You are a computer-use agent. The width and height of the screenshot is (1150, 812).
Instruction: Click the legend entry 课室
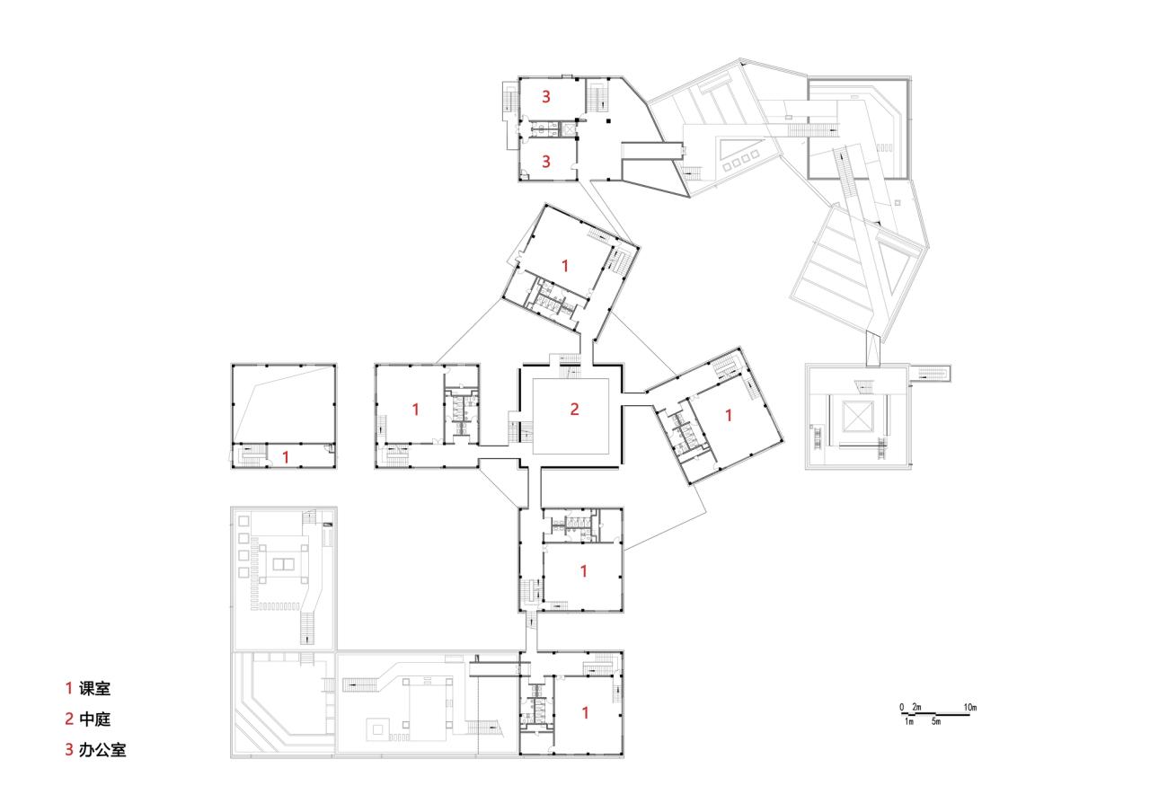[94, 689]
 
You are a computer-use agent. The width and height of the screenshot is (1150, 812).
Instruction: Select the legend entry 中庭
[94, 719]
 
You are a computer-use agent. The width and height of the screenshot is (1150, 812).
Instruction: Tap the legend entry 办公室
[102, 749]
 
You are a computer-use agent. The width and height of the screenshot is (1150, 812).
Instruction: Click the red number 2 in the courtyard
[574, 410]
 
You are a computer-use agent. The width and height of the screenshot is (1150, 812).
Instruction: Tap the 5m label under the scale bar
[935, 722]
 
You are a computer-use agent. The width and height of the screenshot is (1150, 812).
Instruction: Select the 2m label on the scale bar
[916, 708]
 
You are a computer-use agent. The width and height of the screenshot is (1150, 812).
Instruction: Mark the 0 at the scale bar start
[901, 708]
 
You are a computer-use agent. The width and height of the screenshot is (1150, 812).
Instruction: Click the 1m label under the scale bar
[908, 722]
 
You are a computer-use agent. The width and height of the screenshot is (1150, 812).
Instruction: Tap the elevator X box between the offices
[568, 129]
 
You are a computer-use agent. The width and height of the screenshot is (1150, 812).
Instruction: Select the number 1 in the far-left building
[286, 456]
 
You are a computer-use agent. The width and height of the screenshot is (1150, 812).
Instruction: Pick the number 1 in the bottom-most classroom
[585, 712]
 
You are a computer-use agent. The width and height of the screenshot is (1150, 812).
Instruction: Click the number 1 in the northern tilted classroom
[565, 265]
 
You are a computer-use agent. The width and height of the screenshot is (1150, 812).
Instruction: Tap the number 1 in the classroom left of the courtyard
[415, 410]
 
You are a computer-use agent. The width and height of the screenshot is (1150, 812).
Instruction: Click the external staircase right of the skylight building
[932, 373]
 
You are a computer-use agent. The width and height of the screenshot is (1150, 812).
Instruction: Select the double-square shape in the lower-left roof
[282, 563]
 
